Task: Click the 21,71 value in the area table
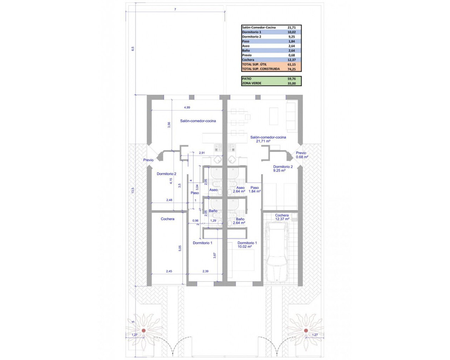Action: coord(291,27)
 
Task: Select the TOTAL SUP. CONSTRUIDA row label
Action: coord(261,69)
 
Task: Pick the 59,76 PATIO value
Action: coord(291,79)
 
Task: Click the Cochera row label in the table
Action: coord(248,60)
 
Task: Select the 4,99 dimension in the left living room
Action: coord(187,108)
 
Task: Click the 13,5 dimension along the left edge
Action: coord(133,191)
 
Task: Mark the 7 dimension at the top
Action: coord(175,9)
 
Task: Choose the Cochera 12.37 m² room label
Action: coord(282,217)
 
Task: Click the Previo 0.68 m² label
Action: coord(302,155)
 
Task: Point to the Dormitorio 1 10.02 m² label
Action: coord(247,245)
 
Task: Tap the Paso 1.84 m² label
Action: coord(255,189)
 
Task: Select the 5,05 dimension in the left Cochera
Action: coord(180,248)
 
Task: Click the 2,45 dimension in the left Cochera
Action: coord(169,271)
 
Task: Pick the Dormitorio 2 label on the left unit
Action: coord(166,174)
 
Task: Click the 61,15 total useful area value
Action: coord(291,64)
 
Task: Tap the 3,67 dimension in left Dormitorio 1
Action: coord(215,256)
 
